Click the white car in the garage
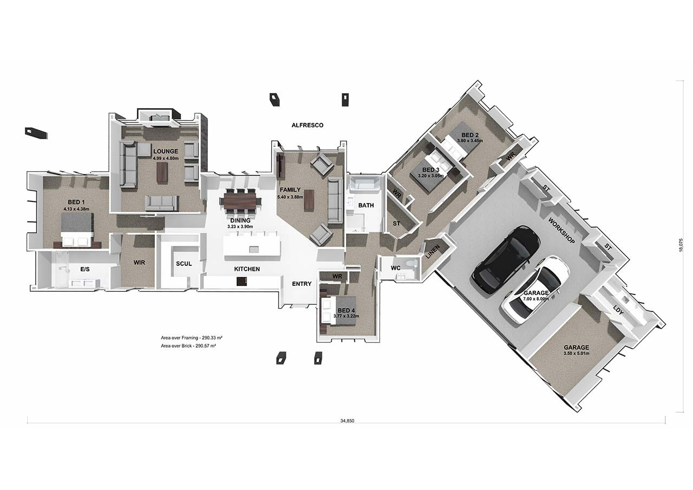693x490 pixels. (535, 290)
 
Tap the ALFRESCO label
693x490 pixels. (308, 125)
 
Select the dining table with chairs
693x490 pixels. (240, 201)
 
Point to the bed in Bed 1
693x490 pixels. (77, 228)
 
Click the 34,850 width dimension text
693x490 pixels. (346, 421)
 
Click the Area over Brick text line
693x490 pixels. (188, 345)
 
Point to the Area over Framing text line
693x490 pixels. (192, 337)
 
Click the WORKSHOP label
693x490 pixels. (561, 231)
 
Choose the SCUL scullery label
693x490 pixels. (184, 264)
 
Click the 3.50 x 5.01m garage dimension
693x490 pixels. (576, 354)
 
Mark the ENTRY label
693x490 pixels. (301, 284)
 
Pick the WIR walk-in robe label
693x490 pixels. (139, 263)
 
